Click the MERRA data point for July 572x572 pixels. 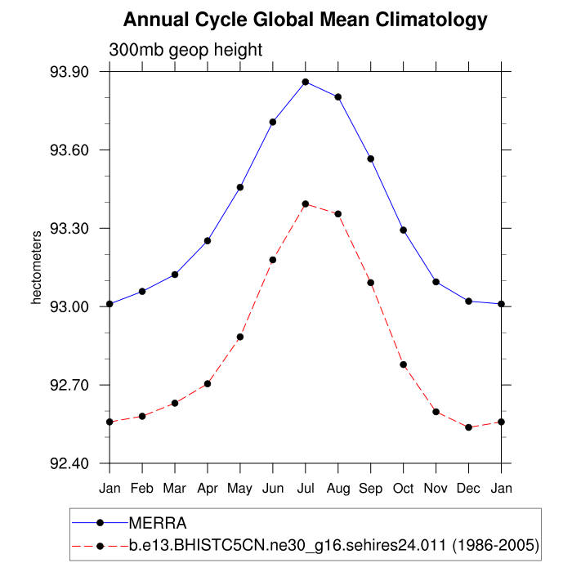pyautogui.click(x=306, y=82)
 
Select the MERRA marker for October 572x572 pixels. pyautogui.click(x=404, y=230)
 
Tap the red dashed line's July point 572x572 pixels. pyautogui.click(x=306, y=203)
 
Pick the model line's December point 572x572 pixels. pyautogui.click(x=469, y=427)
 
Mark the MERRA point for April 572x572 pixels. pyautogui.click(x=208, y=241)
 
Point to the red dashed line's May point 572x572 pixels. pyautogui.click(x=240, y=337)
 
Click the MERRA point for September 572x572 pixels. pyautogui.click(x=371, y=159)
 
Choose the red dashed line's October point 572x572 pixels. pyautogui.click(x=404, y=364)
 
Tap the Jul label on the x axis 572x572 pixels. pyautogui.click(x=306, y=488)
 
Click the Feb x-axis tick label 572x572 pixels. pyautogui.click(x=142, y=488)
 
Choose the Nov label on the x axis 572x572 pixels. pyautogui.click(x=436, y=488)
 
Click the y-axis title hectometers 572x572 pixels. pyautogui.click(x=36, y=268)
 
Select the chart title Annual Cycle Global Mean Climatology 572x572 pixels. pyautogui.click(x=306, y=20)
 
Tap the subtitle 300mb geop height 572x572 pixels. pyautogui.click(x=185, y=50)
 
